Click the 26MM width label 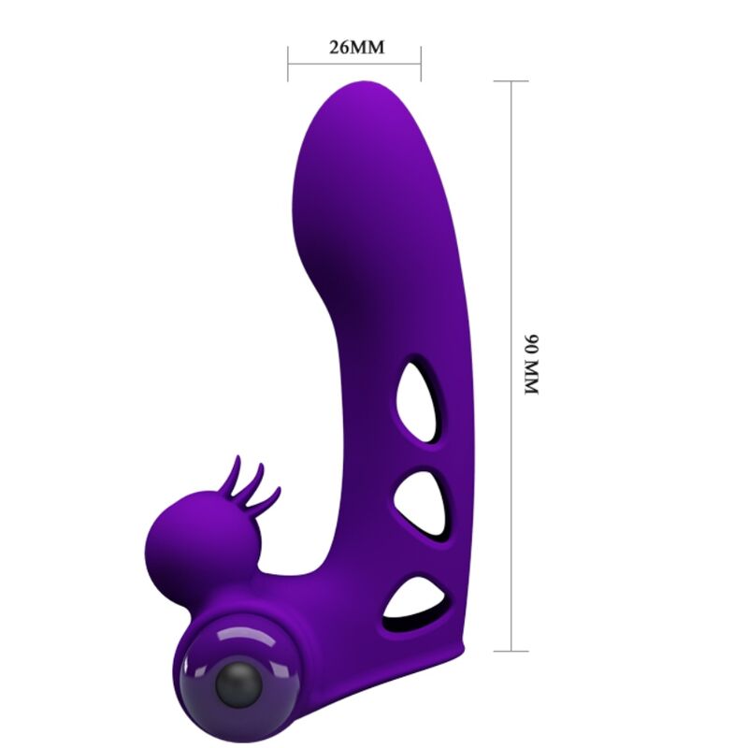[x=356, y=48]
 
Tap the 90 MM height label [x=532, y=364]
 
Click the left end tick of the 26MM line [x=288, y=64]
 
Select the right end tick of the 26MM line [x=421, y=64]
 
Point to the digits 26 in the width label [x=338, y=48]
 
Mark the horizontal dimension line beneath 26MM [x=355, y=64]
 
